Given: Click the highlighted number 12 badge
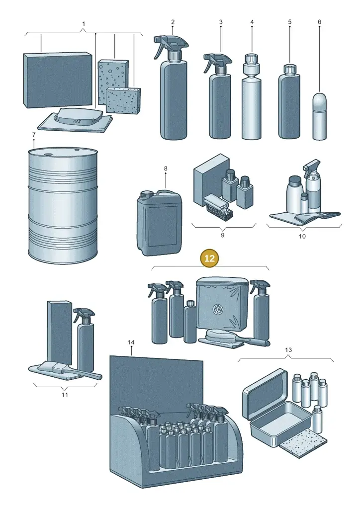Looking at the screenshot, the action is tap(209, 258).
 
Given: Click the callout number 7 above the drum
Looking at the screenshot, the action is tap(34, 134).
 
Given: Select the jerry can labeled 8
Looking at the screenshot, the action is tap(159, 222).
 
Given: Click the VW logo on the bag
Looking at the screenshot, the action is tap(217, 310).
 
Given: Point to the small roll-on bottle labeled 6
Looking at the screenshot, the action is tap(319, 116).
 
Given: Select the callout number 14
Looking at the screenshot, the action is tap(131, 342).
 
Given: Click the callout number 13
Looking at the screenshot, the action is tap(288, 349).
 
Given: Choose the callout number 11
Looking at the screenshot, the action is tap(65, 395).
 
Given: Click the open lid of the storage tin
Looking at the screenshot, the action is tap(265, 393).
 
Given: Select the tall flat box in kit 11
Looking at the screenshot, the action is tap(60, 333).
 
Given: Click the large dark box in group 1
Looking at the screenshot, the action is tap(58, 80).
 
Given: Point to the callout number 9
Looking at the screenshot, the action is tap(222, 235).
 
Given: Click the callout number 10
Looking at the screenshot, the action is tap(302, 236).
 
